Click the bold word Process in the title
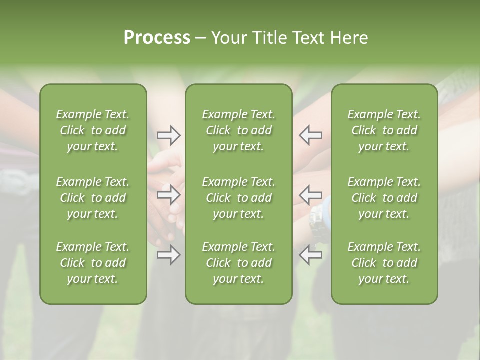point(157,38)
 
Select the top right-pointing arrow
point(168,135)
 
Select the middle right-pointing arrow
point(168,194)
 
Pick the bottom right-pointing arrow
point(168,255)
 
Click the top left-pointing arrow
point(310,135)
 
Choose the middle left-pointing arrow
point(310,194)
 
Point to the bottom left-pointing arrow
point(310,255)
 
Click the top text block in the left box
point(93,130)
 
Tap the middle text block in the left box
point(93,198)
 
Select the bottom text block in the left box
point(93,263)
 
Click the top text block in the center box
point(238,130)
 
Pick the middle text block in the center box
point(238,198)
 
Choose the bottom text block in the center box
point(238,263)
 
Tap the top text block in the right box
point(384,130)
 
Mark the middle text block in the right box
point(384,198)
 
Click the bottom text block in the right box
point(384,263)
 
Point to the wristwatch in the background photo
point(316,220)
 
